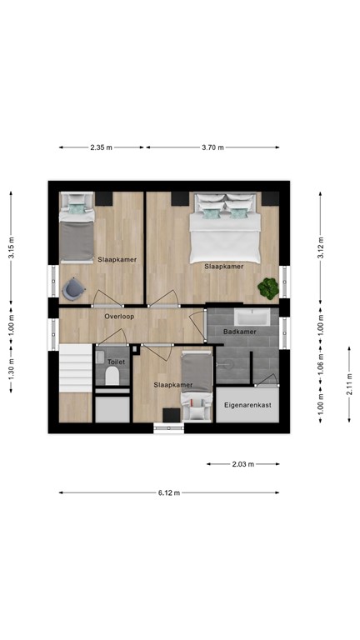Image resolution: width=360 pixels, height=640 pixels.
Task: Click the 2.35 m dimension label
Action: pos(102,147)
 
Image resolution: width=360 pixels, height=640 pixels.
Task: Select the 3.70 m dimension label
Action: pos(213,147)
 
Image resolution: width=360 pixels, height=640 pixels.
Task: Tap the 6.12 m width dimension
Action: pos(169,492)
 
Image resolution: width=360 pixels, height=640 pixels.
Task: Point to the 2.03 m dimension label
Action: pos(243,464)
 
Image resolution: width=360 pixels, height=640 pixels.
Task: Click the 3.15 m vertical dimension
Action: pos(11,245)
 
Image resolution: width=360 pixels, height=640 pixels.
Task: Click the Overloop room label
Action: pos(120,317)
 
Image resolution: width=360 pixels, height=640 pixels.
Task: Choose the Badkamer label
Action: pos(240,332)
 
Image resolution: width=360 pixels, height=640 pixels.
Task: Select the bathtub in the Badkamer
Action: pos(252,317)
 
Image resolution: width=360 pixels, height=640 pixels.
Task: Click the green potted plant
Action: pos(268,288)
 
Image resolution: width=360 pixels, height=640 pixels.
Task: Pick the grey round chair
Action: pos(72,287)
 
